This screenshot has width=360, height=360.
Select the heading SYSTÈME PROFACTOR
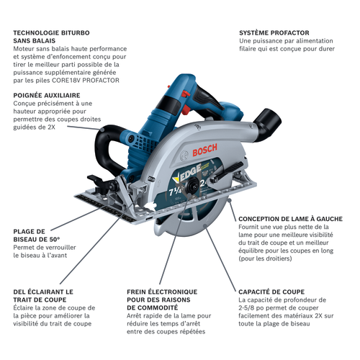[274, 33]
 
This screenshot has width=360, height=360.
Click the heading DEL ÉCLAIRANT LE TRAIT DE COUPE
[43, 297]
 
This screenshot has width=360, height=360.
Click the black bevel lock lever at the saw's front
[94, 180]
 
